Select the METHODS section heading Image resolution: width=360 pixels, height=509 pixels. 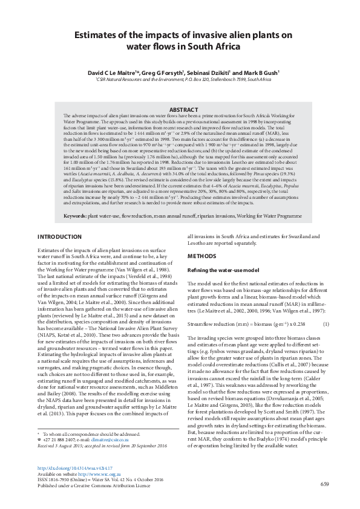coord(203,256)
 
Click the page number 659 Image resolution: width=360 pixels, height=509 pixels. coord(325,485)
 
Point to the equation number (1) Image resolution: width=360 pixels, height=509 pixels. coord(326,325)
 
